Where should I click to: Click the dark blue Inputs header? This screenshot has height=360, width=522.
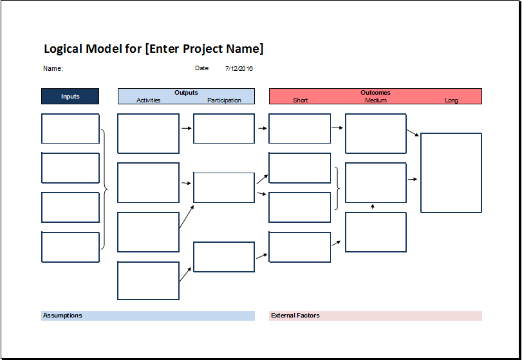[70, 97]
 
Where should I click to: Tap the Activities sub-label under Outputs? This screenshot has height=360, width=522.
[148, 100]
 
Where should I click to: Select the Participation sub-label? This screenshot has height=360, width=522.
[224, 100]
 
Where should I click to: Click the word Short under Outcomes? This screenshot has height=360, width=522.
[300, 100]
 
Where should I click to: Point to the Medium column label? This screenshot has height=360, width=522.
[376, 100]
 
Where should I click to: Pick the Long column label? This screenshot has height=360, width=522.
[451, 100]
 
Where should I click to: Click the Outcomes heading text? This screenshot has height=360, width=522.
[375, 93]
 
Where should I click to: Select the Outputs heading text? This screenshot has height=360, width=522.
[186, 93]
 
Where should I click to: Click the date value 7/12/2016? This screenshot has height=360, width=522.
[239, 68]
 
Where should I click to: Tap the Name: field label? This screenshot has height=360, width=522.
[53, 68]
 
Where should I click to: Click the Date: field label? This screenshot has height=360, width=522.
[202, 68]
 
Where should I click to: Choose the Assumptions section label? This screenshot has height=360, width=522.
[62, 316]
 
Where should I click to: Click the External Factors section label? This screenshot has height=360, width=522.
[295, 316]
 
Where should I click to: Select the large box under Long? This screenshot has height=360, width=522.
[451, 173]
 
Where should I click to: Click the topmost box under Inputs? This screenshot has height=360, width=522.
[70, 129]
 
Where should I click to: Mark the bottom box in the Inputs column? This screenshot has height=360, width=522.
[70, 247]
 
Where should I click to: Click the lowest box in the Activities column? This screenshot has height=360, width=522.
[148, 281]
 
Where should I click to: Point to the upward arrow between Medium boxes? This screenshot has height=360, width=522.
[373, 207]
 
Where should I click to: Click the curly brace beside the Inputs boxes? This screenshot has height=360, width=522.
[104, 189]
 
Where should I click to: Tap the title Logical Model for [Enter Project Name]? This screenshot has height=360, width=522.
[153, 49]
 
